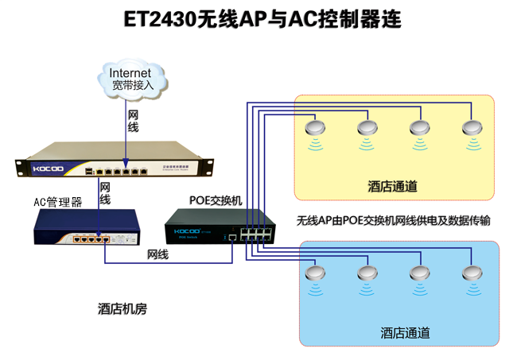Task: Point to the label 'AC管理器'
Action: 57,203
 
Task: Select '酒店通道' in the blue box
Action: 405,333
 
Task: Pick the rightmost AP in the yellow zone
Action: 472,129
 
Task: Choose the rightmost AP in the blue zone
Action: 471,273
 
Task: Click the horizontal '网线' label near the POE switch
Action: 158,254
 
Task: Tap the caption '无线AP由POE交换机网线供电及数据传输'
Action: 392,221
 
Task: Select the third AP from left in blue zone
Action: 420,273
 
